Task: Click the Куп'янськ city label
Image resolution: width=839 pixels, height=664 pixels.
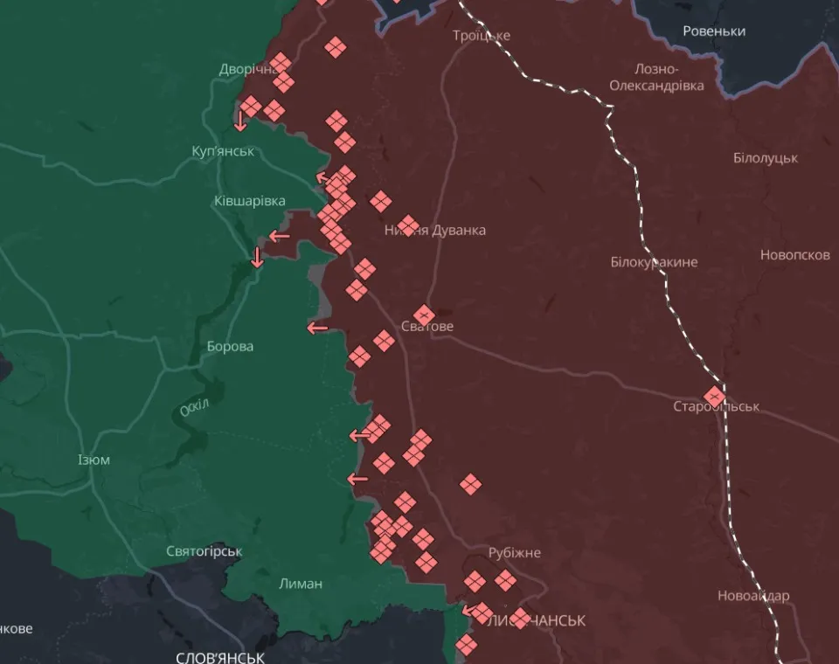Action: click(x=223, y=151)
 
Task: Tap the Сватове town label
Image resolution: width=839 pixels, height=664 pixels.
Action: click(x=427, y=327)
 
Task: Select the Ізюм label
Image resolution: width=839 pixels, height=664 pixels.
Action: click(x=94, y=460)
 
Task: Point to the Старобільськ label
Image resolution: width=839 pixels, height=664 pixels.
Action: click(x=716, y=407)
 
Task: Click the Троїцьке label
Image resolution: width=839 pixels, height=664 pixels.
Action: click(x=482, y=36)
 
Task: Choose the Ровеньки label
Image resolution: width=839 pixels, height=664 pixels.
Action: click(x=714, y=31)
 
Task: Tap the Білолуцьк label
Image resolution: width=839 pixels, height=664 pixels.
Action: click(x=766, y=158)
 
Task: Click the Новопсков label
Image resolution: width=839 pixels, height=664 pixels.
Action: click(x=794, y=255)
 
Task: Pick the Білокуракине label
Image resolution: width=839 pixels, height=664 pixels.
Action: click(x=654, y=262)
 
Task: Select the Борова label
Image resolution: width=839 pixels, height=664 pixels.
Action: click(x=230, y=347)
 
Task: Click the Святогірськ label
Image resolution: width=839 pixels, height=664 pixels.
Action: click(x=205, y=551)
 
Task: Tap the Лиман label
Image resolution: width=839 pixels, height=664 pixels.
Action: click(x=301, y=584)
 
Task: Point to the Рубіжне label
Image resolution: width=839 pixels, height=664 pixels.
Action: click(x=515, y=553)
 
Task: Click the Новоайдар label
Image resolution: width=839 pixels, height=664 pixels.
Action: click(x=753, y=596)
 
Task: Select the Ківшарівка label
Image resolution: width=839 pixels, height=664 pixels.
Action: click(x=250, y=201)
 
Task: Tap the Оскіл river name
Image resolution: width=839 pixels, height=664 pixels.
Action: click(x=194, y=409)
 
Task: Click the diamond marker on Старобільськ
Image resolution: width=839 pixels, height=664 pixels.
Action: click(x=715, y=396)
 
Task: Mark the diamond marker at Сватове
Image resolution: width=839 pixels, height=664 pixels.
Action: click(x=424, y=315)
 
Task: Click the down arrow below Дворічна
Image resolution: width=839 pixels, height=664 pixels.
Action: click(x=240, y=121)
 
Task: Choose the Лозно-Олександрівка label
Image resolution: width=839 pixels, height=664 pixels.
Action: click(x=656, y=78)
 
